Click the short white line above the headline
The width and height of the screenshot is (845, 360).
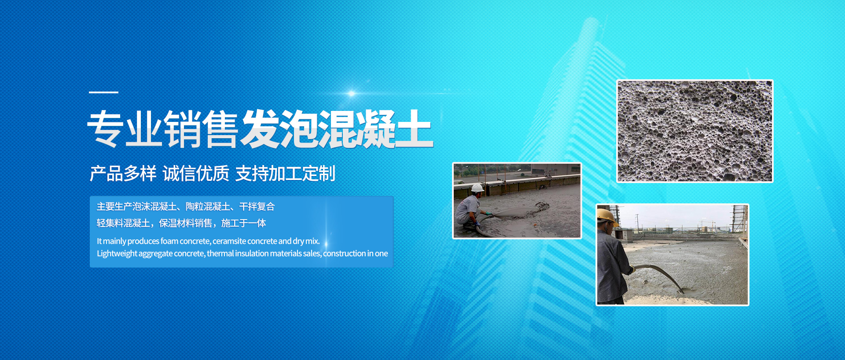click(x=103, y=92)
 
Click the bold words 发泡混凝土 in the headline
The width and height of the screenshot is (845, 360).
click(x=337, y=129)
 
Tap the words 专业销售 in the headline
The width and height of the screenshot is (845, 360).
click(x=163, y=129)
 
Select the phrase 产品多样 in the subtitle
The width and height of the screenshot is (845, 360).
click(x=123, y=173)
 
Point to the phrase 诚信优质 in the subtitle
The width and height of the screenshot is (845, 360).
click(x=196, y=173)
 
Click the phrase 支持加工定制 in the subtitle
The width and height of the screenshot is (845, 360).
click(x=285, y=173)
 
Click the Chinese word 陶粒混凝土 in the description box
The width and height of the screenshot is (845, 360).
click(x=208, y=206)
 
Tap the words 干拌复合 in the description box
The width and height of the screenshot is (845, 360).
click(x=257, y=206)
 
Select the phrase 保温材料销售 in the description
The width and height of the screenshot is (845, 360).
click(x=185, y=223)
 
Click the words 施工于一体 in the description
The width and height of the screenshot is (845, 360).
click(x=243, y=223)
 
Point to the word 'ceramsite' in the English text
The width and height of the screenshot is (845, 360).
click(x=229, y=241)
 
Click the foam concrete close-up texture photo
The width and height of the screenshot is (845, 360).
click(x=695, y=131)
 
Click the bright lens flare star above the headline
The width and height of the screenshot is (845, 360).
click(x=351, y=93)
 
